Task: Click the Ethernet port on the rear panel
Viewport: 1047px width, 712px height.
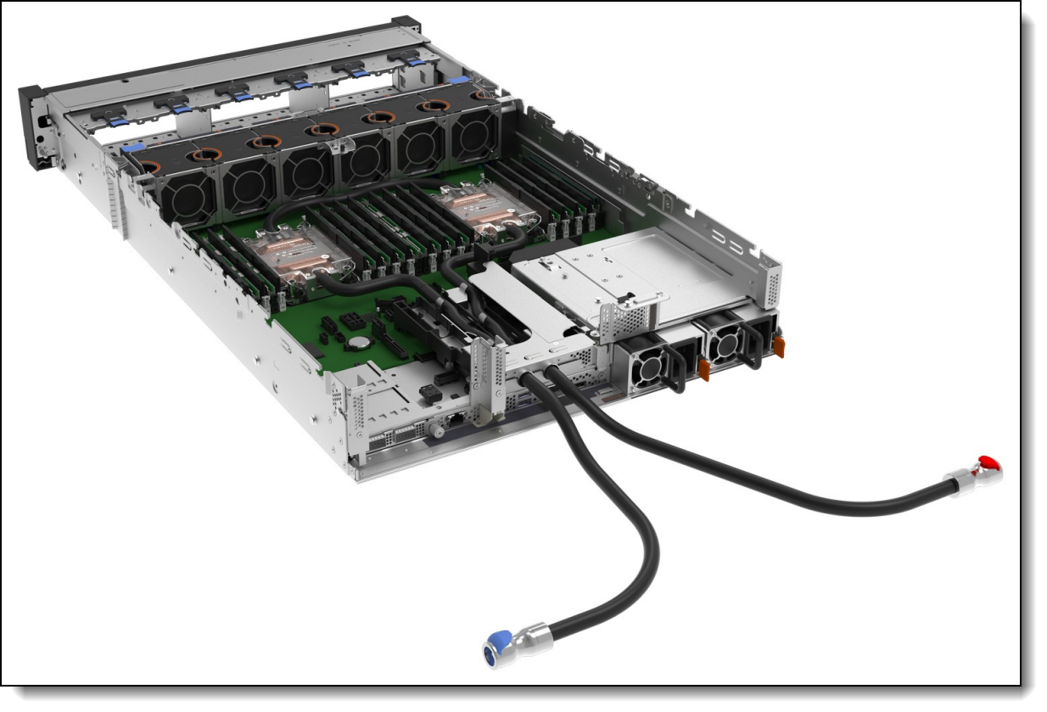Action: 456,418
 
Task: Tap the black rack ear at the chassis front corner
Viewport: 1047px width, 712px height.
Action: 36,127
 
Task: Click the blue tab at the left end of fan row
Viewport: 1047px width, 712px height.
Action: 131,149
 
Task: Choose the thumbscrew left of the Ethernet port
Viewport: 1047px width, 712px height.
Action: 438,431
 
